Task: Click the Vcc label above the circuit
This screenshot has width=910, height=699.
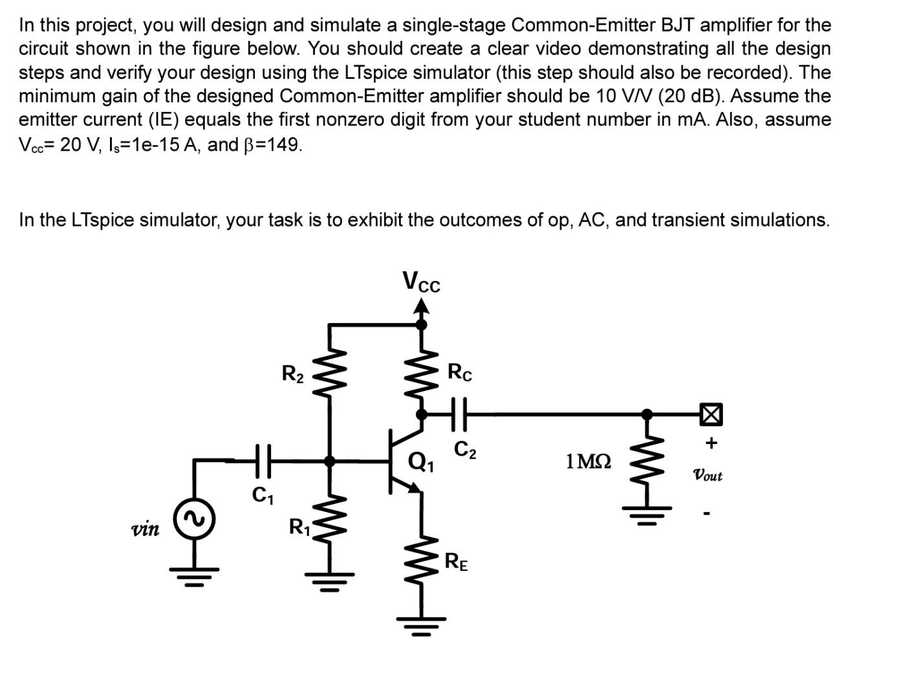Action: click(421, 282)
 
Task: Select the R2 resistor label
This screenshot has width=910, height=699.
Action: click(292, 373)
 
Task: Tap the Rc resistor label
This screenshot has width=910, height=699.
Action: click(460, 372)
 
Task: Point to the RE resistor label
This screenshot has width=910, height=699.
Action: click(457, 562)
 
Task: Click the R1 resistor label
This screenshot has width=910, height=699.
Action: click(299, 527)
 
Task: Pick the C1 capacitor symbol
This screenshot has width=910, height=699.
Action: click(263, 460)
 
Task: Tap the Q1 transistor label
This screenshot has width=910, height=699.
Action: click(422, 462)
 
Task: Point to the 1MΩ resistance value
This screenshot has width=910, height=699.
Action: click(588, 461)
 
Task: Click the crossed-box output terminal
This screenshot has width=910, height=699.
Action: click(711, 414)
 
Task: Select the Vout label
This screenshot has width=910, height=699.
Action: click(708, 476)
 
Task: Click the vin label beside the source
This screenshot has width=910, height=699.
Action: click(146, 529)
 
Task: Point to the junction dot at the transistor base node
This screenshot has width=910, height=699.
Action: click(330, 461)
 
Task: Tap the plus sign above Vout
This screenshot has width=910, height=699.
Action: click(711, 443)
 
